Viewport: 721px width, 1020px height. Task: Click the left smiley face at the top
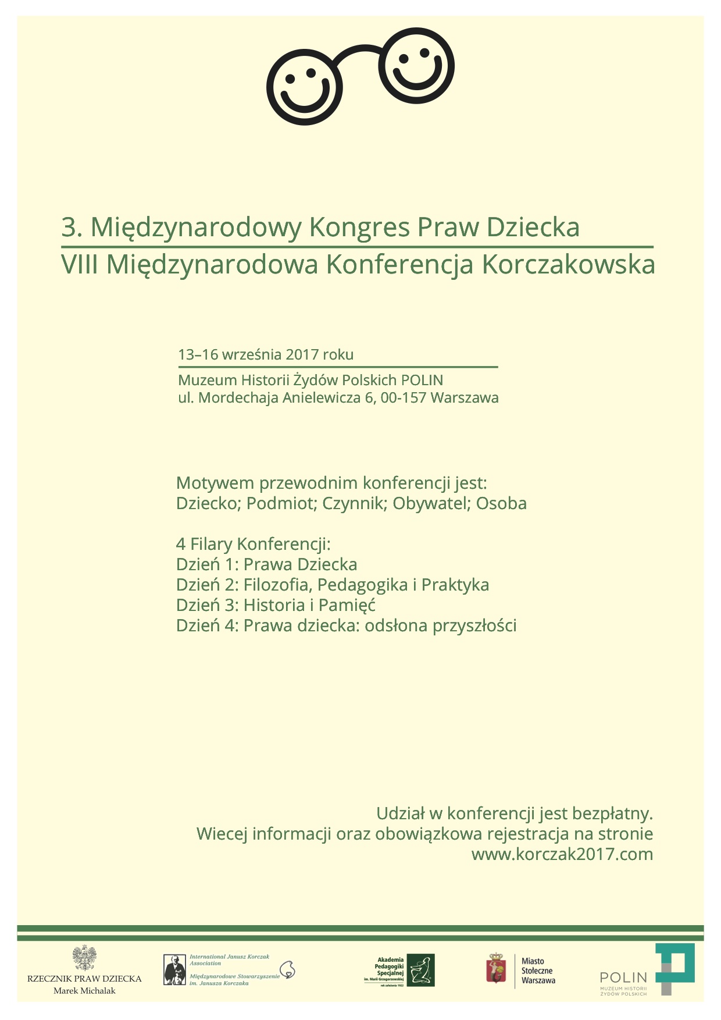[304, 87]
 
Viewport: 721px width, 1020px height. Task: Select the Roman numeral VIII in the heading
[80, 265]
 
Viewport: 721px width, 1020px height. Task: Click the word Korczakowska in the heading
[568, 265]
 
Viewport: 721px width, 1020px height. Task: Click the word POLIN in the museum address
[422, 381]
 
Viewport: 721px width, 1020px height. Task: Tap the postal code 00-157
[404, 398]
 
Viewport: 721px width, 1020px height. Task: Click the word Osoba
[501, 503]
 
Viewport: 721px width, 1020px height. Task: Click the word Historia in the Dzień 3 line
[274, 605]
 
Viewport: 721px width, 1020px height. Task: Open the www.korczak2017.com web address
[562, 854]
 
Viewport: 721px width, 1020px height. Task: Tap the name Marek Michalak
[84, 991]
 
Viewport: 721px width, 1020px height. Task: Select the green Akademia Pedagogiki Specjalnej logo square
[420, 970]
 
